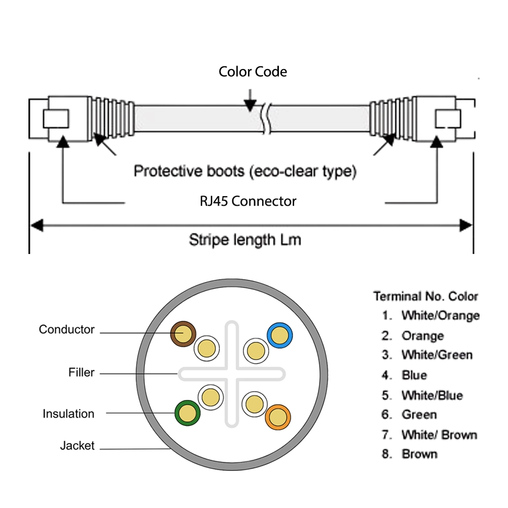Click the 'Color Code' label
point(252,72)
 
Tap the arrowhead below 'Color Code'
point(250,106)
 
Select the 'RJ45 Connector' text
point(248,201)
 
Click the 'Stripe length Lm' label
point(245,240)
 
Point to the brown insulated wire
point(183,334)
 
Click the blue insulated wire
point(280,335)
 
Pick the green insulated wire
point(187,413)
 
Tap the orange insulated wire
point(278,417)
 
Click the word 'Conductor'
point(67,330)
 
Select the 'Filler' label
point(81,372)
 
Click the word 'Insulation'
point(69,414)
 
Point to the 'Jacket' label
point(77,446)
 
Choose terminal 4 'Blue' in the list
point(404,375)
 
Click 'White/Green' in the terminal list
point(437,355)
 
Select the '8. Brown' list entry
point(409,454)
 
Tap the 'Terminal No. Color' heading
point(426,296)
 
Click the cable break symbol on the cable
point(266,118)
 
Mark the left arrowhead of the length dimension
point(36,226)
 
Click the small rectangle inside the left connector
point(56,118)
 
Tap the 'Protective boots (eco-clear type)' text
point(245,171)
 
